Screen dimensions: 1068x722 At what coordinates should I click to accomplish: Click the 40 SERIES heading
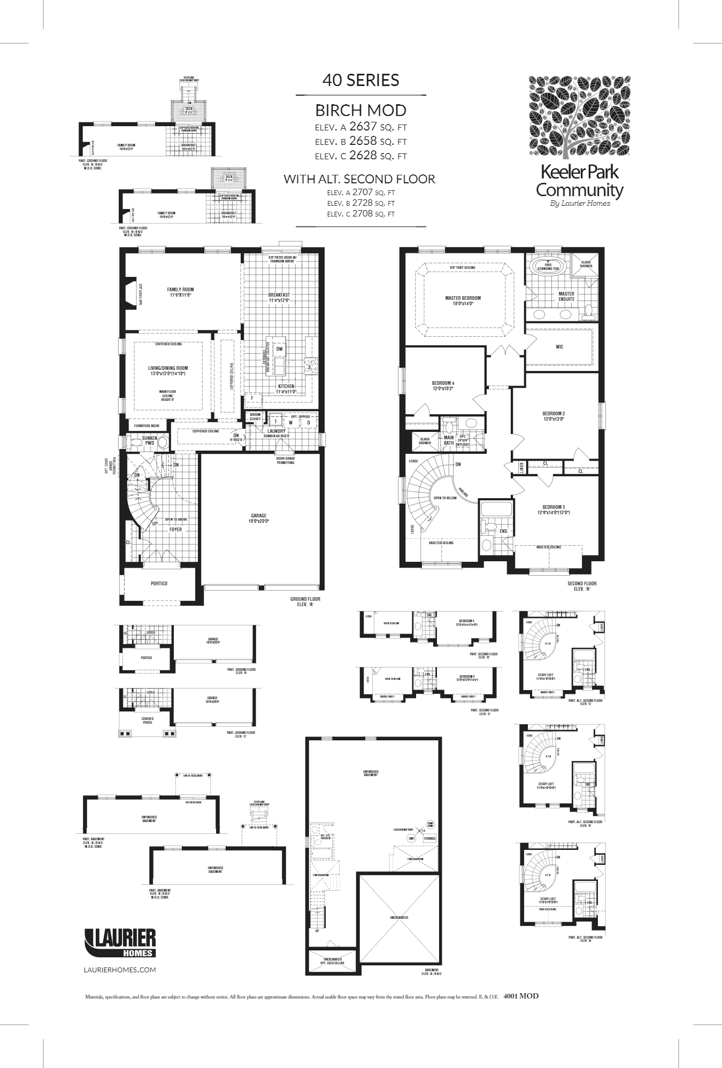[360, 80]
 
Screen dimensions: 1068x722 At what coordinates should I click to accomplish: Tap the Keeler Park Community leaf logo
[579, 116]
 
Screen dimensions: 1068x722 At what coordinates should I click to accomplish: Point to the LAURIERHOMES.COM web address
[120, 970]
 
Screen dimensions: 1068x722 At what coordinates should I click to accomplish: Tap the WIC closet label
[559, 347]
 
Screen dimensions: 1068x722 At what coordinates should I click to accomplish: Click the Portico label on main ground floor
[159, 583]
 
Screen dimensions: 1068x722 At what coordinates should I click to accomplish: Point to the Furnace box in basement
[429, 839]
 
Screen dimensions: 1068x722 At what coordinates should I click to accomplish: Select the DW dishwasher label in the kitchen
[279, 349]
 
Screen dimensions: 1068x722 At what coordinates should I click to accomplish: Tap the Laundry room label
[276, 431]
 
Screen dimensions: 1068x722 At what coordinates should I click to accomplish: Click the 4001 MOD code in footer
[521, 996]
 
